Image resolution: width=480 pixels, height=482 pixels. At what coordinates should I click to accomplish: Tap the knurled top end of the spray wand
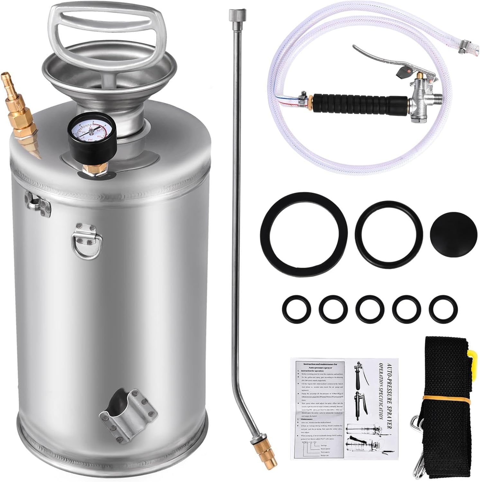tap(233, 14)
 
